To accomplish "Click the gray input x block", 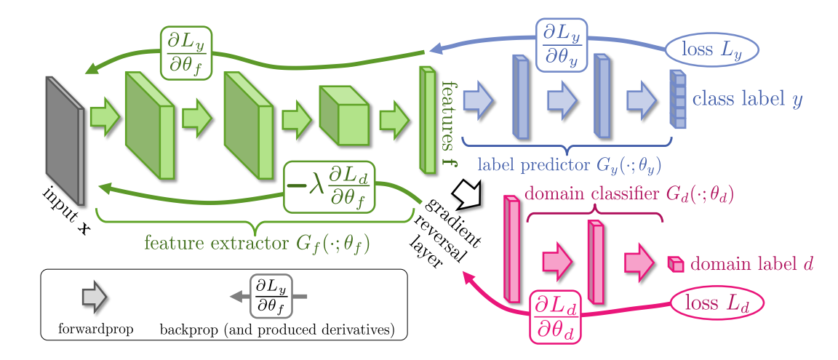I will click(65, 140).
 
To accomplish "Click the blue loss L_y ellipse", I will click(711, 49).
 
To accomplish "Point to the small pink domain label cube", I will click(676, 265).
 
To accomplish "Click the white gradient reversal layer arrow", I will click(463, 193).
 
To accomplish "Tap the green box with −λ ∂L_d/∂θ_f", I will click(329, 186).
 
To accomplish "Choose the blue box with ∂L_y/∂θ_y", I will click(561, 45).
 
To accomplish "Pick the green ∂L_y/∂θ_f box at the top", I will click(185, 52).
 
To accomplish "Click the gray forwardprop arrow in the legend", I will click(94, 296).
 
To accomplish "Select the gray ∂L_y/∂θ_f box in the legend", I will click(271, 296).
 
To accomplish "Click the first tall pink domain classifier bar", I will click(512, 249).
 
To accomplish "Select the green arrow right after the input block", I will click(105, 119).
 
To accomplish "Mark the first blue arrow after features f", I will click(479, 100).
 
